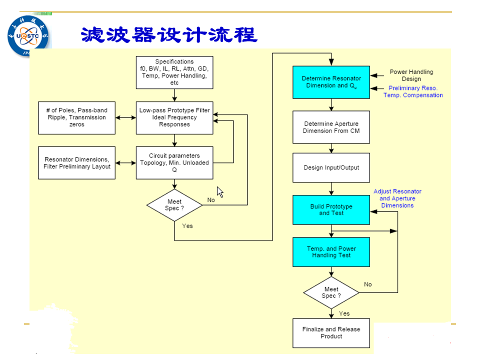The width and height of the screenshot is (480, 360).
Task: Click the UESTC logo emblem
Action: [28, 36]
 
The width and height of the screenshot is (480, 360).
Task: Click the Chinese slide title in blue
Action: [169, 34]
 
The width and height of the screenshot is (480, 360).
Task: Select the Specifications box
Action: [174, 72]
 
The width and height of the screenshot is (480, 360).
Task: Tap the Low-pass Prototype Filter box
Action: [174, 118]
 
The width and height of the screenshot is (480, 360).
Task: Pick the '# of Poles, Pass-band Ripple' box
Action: [77, 118]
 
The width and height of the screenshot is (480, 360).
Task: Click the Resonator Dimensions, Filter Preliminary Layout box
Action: [77, 163]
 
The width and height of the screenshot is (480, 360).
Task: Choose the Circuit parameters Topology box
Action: [174, 163]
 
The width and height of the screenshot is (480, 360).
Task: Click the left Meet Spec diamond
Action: [174, 205]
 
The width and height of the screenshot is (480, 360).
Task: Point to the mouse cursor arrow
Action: [220, 192]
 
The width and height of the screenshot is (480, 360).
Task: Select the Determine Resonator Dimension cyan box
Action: [331, 82]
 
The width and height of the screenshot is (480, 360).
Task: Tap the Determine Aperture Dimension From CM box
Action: [331, 127]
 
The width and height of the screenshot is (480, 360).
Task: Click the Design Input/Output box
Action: [331, 168]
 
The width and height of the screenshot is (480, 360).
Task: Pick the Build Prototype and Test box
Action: [331, 210]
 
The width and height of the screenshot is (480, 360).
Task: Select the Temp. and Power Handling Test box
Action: [331, 252]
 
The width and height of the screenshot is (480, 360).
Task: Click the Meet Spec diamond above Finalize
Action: [331, 292]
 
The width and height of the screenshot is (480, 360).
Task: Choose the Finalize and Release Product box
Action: [331, 333]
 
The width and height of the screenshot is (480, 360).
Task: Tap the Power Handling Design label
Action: [411, 75]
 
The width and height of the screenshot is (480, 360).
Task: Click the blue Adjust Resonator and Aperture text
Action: [397, 198]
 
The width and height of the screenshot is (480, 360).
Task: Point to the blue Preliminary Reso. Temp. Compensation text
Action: [413, 91]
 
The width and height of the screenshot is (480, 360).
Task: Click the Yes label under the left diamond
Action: [187, 226]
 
